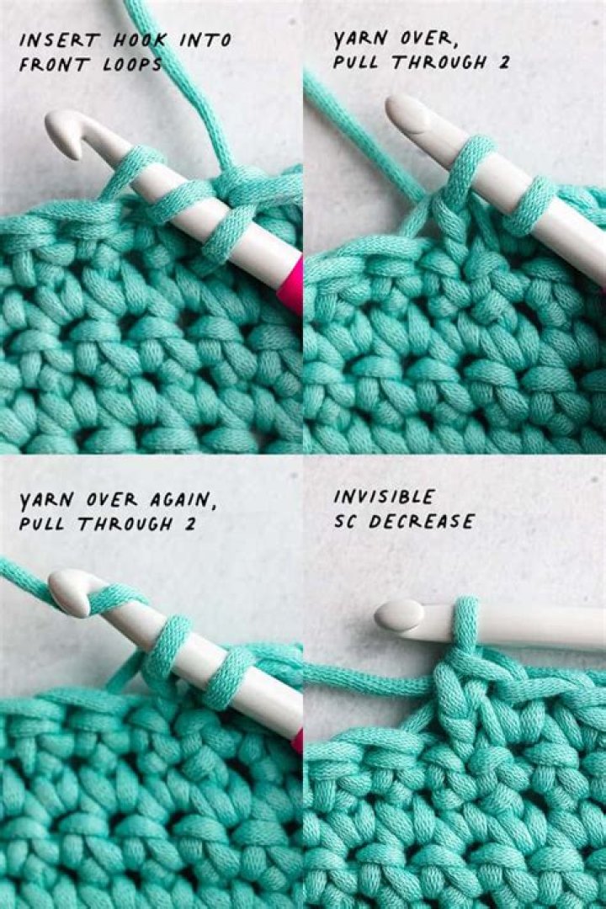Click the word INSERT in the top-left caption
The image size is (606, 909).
pos(49,40)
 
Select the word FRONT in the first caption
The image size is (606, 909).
pos(51,65)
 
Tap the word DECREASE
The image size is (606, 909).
pos(422,522)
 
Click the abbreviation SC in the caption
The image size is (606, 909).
pos(347,522)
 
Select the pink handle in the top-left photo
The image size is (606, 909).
pos(290,282)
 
